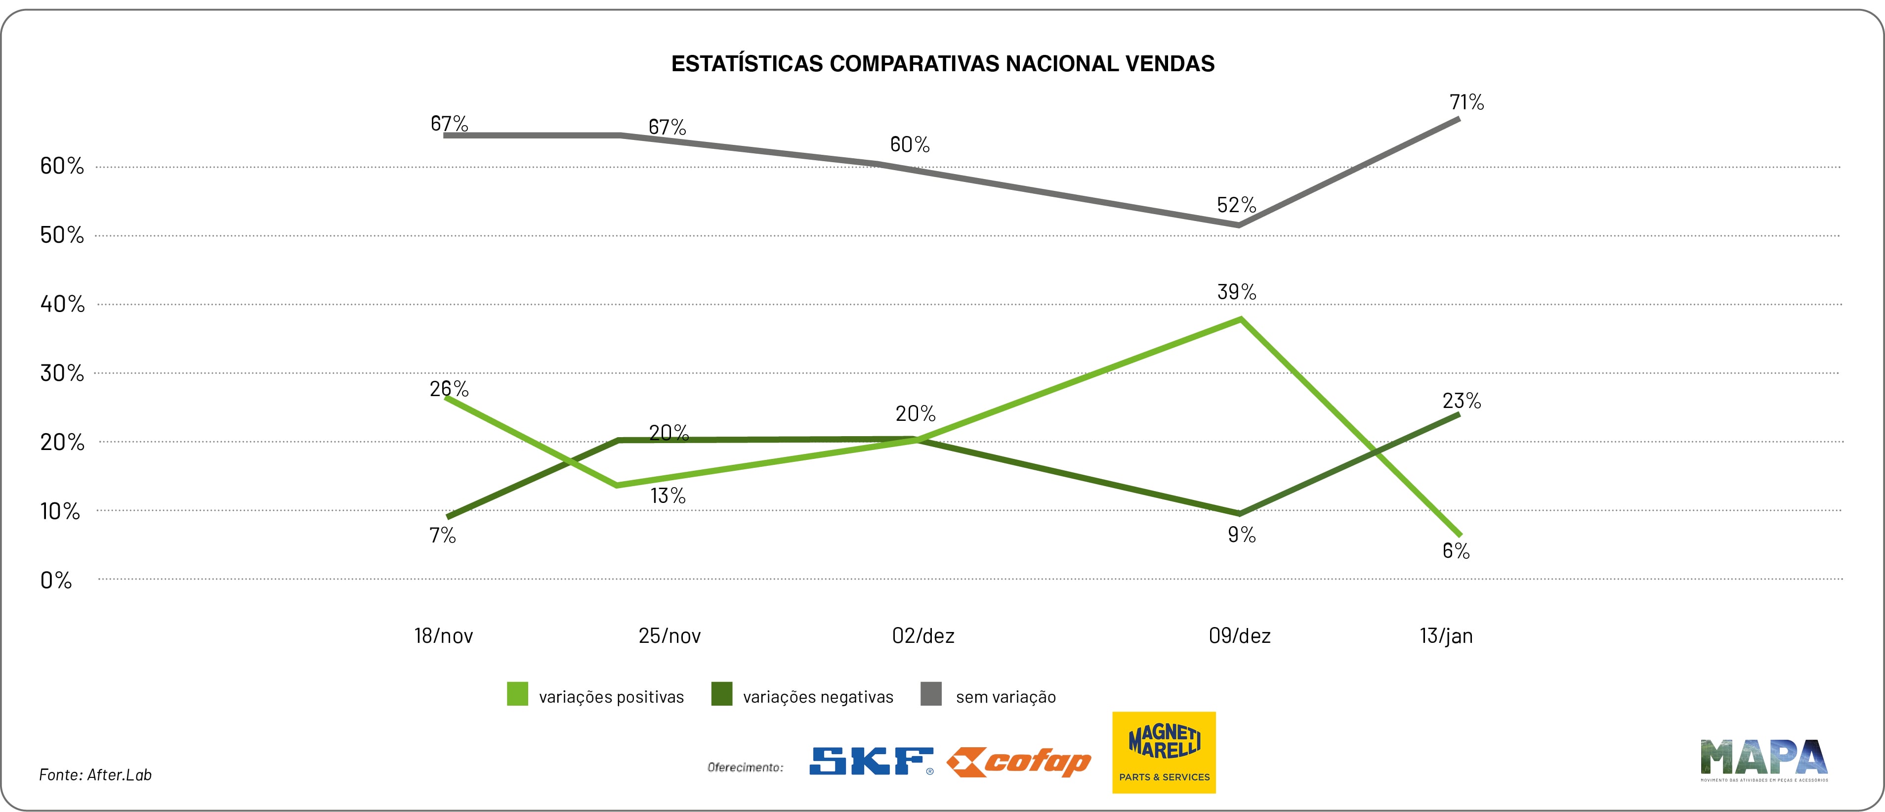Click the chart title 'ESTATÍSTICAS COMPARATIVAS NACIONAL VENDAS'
pyautogui.click(x=943, y=64)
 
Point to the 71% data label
pyautogui.click(x=1466, y=102)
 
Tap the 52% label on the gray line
pyautogui.click(x=1236, y=205)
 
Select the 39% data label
pyautogui.click(x=1236, y=292)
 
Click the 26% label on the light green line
pyautogui.click(x=449, y=389)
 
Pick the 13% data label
pyautogui.click(x=668, y=496)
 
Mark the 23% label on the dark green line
pyautogui.click(x=1462, y=401)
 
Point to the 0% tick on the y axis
pyautogui.click(x=56, y=581)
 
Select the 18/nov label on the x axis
pyautogui.click(x=443, y=635)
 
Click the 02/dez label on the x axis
pyautogui.click(x=923, y=635)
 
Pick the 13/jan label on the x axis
pyautogui.click(x=1446, y=635)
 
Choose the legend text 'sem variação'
pyautogui.click(x=1005, y=697)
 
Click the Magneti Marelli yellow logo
pyautogui.click(x=1164, y=752)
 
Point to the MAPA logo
pyautogui.click(x=1763, y=759)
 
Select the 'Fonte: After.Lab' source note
pyautogui.click(x=95, y=774)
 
